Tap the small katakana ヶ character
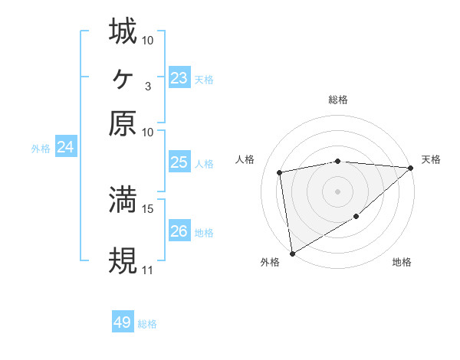(123, 77)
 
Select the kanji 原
(123, 123)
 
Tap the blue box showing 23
(179, 78)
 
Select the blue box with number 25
(179, 162)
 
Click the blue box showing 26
(179, 231)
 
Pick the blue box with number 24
(65, 147)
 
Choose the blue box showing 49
(123, 322)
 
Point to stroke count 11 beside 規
(147, 270)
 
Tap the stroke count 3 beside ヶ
(148, 86)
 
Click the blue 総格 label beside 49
(148, 324)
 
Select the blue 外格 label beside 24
(41, 149)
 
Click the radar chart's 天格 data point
(411, 168)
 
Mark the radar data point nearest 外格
(292, 254)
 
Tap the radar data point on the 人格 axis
(280, 172)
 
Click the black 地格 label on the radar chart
(402, 263)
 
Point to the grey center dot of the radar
(337, 191)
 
